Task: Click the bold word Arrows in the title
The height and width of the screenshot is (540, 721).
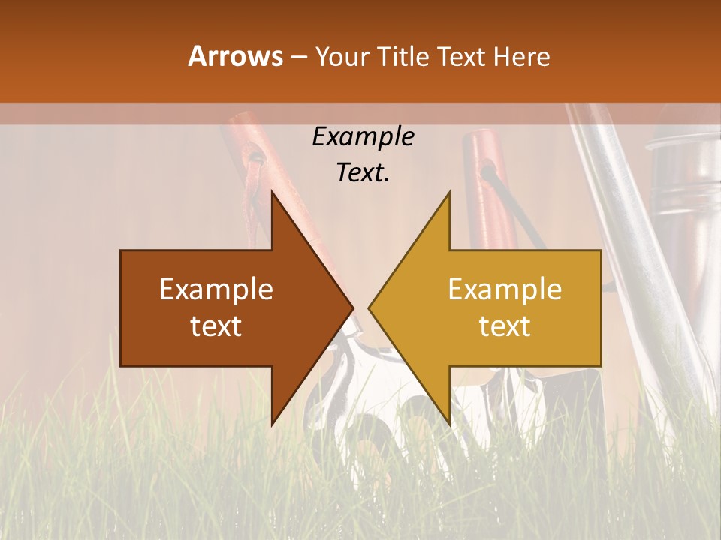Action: tap(235, 56)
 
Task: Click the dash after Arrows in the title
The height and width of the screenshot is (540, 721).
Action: tap(299, 57)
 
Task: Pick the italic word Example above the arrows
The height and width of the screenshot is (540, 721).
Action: tap(363, 137)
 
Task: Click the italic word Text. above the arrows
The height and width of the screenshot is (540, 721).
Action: tap(363, 172)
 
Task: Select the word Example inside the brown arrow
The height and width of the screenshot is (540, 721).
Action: tap(216, 289)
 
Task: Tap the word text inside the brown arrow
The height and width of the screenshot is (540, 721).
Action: tap(216, 326)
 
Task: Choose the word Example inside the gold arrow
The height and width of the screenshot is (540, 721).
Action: tap(505, 289)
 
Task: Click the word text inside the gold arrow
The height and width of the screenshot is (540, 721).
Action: tap(505, 326)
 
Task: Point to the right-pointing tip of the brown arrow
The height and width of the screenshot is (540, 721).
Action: tap(353, 308)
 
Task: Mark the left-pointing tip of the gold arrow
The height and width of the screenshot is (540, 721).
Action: tap(369, 308)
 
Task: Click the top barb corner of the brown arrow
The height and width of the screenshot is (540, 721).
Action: tap(272, 192)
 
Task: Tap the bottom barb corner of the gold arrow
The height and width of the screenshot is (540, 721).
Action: tap(449, 424)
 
